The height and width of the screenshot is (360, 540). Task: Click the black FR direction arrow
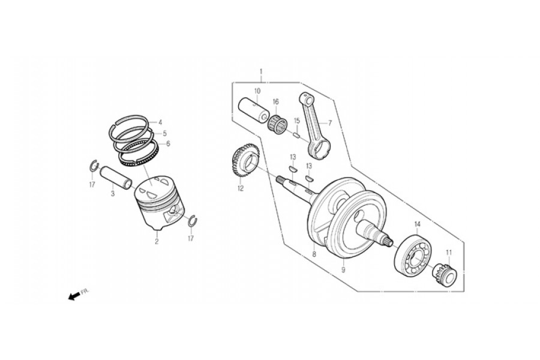73,296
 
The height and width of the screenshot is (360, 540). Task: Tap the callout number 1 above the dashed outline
261,71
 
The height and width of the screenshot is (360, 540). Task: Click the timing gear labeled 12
245,161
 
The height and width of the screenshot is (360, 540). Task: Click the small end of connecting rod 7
307,99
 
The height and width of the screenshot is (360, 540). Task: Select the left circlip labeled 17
94,166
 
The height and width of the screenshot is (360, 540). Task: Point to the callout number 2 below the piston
157,241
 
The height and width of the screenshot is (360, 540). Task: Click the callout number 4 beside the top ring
160,122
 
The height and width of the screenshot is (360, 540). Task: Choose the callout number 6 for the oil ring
168,143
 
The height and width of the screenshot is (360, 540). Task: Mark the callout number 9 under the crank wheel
343,270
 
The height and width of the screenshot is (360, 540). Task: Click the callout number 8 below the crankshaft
314,254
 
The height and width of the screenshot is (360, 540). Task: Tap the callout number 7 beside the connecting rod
329,122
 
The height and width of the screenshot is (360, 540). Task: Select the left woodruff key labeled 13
292,169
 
